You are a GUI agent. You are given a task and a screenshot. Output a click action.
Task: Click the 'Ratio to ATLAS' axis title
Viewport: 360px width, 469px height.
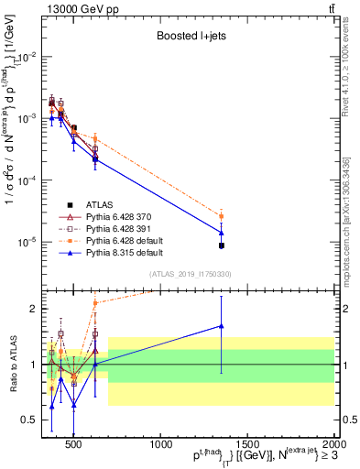click(12, 364)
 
